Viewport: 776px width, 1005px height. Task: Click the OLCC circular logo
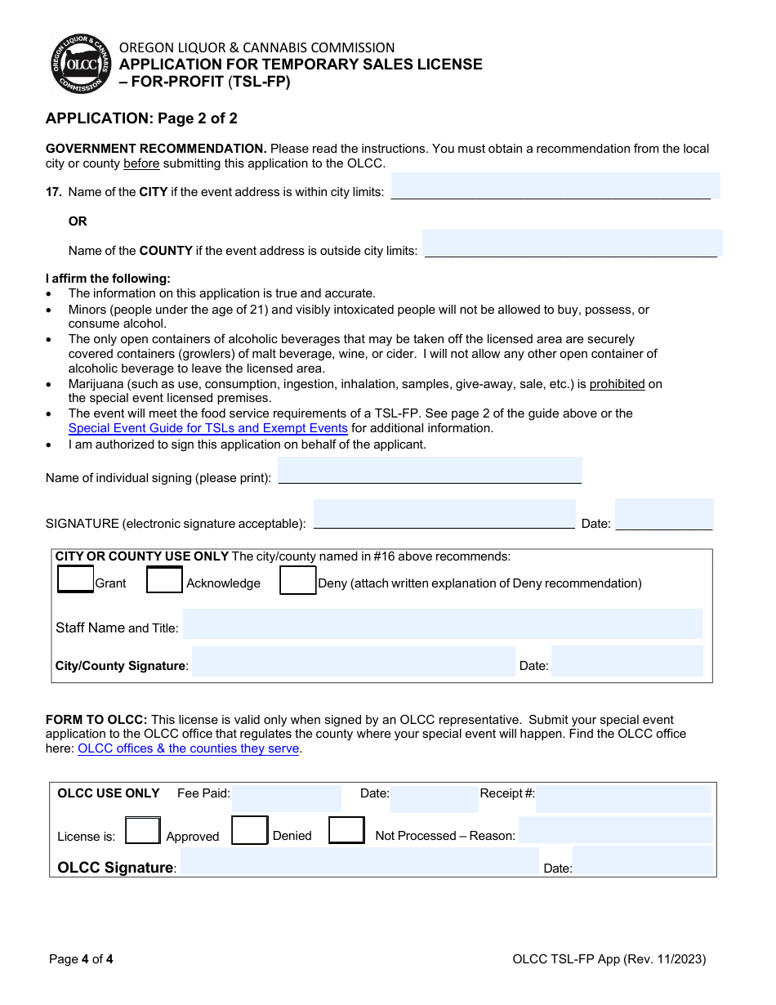tap(81, 65)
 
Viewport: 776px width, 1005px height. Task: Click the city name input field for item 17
tap(555, 186)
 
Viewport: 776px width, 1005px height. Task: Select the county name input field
tap(571, 243)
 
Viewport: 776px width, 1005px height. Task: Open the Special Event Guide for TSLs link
tap(208, 428)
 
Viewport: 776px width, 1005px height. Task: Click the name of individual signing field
tap(430, 471)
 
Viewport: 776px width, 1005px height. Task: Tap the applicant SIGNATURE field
tap(444, 515)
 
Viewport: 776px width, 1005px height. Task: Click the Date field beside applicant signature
tap(663, 515)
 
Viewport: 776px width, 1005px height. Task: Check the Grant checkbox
tap(76, 579)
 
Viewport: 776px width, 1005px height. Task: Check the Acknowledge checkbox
tap(164, 579)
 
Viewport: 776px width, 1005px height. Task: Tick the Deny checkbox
tap(297, 580)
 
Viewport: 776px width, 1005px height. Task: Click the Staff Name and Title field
tap(441, 623)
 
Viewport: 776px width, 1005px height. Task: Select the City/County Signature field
tap(353, 662)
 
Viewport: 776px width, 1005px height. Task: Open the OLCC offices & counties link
tap(189, 748)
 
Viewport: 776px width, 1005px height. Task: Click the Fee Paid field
tap(286, 798)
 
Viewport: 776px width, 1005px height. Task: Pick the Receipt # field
tap(622, 798)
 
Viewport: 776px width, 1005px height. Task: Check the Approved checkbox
tap(143, 831)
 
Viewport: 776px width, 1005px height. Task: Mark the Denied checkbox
tap(250, 830)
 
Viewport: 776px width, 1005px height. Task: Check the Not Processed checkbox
tap(346, 830)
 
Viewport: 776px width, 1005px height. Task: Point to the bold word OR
tap(78, 221)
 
